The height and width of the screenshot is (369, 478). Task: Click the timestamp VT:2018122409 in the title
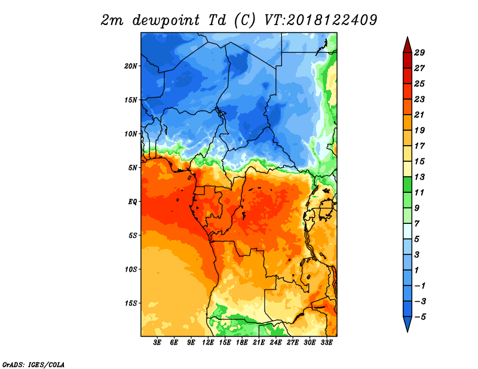coord(320,20)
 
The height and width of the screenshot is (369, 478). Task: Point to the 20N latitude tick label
coord(131,66)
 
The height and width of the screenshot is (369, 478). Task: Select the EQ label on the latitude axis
coord(133,201)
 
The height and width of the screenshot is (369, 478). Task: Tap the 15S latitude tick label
coord(131,303)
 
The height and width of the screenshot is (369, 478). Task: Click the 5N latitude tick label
coord(133,168)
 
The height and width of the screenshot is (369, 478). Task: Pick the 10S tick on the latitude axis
coord(131,269)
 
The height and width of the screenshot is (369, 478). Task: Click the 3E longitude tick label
coord(158,343)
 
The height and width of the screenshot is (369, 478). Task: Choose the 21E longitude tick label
coord(259,343)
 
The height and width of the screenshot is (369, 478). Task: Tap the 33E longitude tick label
coord(326,343)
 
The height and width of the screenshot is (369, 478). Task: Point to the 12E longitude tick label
coord(208,343)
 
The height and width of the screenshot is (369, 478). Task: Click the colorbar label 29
coord(427,53)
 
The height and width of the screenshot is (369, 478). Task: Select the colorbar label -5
coord(427,316)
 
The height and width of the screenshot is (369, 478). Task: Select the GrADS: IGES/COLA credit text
coord(33,364)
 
